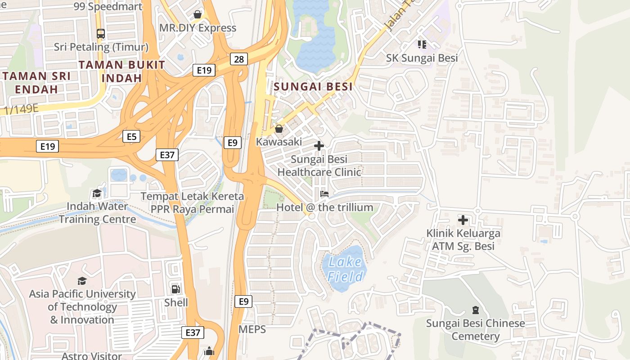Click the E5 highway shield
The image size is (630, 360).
(131, 136)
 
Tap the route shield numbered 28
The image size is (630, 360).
(239, 59)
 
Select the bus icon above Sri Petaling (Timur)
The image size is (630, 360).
(101, 34)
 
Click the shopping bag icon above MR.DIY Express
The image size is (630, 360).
(197, 15)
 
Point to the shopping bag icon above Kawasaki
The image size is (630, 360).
(279, 129)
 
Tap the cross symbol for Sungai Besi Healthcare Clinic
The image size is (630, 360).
(319, 146)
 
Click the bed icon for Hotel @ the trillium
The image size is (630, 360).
(324, 194)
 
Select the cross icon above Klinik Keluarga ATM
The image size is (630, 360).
(463, 220)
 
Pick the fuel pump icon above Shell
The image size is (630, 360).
(176, 289)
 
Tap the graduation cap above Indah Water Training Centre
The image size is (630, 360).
(97, 193)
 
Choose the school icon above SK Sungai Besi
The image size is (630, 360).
(422, 44)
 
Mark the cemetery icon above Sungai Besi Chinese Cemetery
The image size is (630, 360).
(476, 310)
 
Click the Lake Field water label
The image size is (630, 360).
(345, 269)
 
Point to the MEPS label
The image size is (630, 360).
(252, 329)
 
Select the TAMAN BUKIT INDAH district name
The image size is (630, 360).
(122, 71)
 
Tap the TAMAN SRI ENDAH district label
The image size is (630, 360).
(36, 82)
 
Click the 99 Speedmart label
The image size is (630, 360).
(108, 6)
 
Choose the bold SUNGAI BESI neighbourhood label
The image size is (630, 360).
(313, 87)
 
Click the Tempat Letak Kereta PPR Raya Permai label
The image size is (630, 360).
(192, 203)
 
